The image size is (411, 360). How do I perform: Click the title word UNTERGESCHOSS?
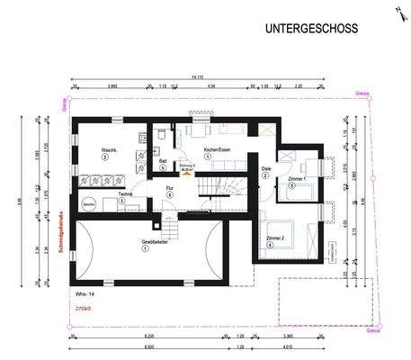310,30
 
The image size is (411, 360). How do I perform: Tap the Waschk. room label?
104,150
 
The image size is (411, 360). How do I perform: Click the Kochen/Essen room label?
207,148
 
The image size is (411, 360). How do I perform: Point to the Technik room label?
123,193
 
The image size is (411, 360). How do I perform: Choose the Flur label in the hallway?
169,188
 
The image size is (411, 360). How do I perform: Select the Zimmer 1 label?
299,178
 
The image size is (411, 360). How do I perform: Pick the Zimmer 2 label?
277,238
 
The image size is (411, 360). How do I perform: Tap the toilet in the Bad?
159,134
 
